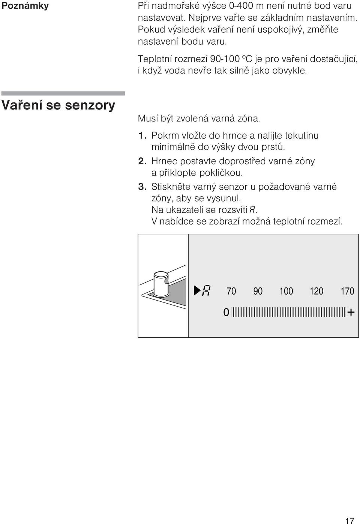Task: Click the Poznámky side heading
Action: pyautogui.click(x=25, y=6)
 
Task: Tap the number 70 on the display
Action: pyautogui.click(x=231, y=291)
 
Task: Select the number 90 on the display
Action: pyautogui.click(x=258, y=291)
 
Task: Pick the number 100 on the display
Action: pyautogui.click(x=286, y=291)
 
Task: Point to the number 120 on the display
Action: pyautogui.click(x=316, y=291)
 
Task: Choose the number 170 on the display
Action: pyautogui.click(x=347, y=291)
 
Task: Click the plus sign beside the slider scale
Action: pyautogui.click(x=351, y=312)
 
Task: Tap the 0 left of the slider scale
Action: pyautogui.click(x=226, y=312)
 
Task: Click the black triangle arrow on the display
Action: pyautogui.click(x=197, y=290)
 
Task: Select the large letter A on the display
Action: pyautogui.click(x=207, y=291)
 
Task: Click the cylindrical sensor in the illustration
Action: pyautogui.click(x=161, y=283)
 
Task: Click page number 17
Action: pyautogui.click(x=350, y=520)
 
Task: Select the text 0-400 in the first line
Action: pyautogui.click(x=241, y=6)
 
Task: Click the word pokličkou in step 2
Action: pyautogui.click(x=221, y=173)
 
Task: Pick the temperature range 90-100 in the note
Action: pyautogui.click(x=221, y=59)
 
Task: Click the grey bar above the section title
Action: pyautogui.click(x=63, y=93)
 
